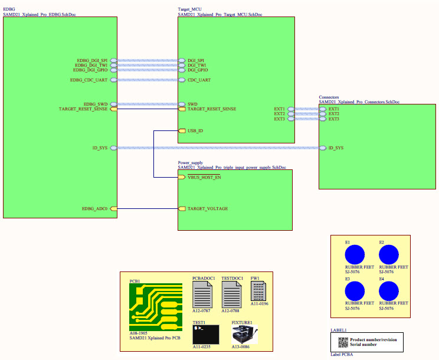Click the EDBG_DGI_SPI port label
coord(92,60)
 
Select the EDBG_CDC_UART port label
coord(89,80)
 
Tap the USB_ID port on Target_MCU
coord(195,130)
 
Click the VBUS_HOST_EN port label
coord(204,177)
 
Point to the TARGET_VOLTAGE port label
coord(207,208)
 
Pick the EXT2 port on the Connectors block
coord(333,114)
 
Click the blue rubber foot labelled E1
coord(356,254)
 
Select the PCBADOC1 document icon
coord(203,293)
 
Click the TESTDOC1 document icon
coord(231,293)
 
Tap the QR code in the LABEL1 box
coord(342,342)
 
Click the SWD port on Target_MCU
coord(192,104)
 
